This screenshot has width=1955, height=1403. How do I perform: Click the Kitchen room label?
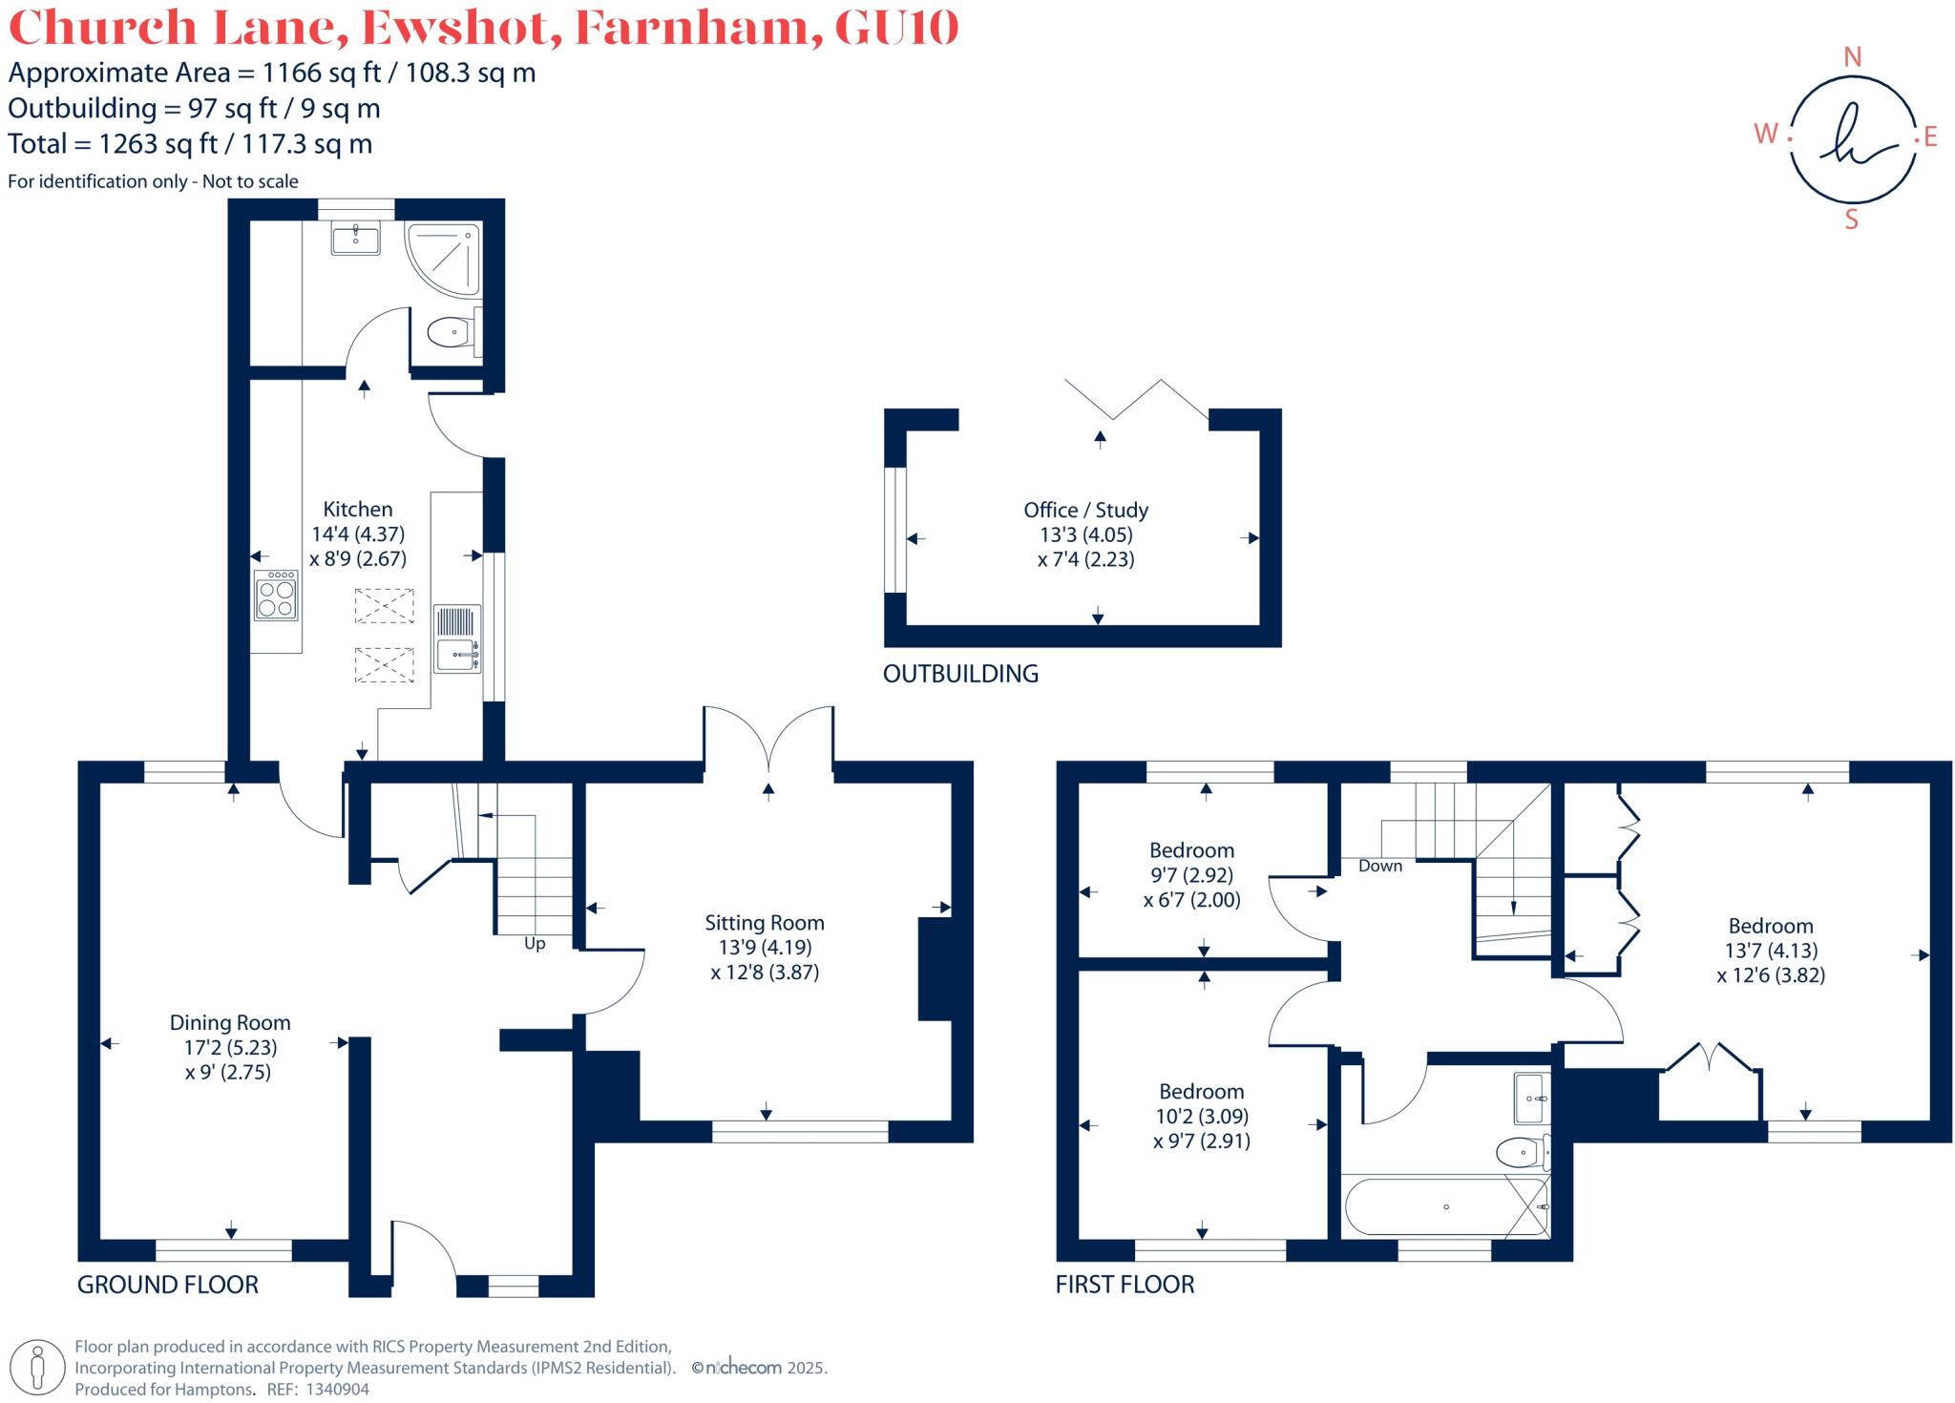point(357,509)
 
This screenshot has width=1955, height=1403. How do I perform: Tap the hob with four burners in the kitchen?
point(276,596)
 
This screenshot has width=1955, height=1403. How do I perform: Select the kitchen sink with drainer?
point(457,639)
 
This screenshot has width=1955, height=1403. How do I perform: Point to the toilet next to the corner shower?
point(451,333)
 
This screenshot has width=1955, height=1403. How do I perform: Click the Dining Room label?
point(230,1022)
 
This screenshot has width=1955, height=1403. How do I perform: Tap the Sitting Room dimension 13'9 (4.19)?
point(765,948)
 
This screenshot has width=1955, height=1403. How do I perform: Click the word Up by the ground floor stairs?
point(535,944)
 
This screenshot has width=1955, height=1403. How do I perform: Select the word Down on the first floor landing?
point(1380,866)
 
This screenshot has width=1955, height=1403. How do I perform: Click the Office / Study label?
point(1085,510)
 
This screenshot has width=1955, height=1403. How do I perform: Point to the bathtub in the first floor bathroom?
point(1445,1207)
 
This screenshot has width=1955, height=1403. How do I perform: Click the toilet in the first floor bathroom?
point(1522,1152)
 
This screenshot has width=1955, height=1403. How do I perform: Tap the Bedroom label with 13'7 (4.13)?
point(1771,926)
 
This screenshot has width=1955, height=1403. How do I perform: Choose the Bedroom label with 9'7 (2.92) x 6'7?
point(1191,850)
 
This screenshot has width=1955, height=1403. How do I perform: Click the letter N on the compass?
point(1852,57)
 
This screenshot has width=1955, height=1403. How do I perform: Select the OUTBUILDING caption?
point(960,674)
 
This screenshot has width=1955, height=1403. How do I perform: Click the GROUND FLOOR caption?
point(168,1285)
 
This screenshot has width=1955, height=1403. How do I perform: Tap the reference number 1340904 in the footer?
point(337,1390)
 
